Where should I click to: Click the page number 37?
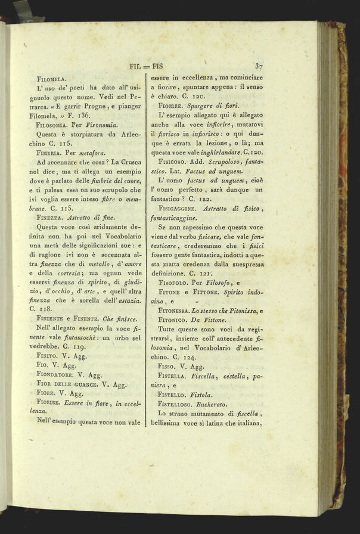pyautogui.click(x=259, y=67)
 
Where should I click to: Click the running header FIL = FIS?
pyautogui.click(x=147, y=66)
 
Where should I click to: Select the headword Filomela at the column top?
pyautogui.click(x=51, y=78)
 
